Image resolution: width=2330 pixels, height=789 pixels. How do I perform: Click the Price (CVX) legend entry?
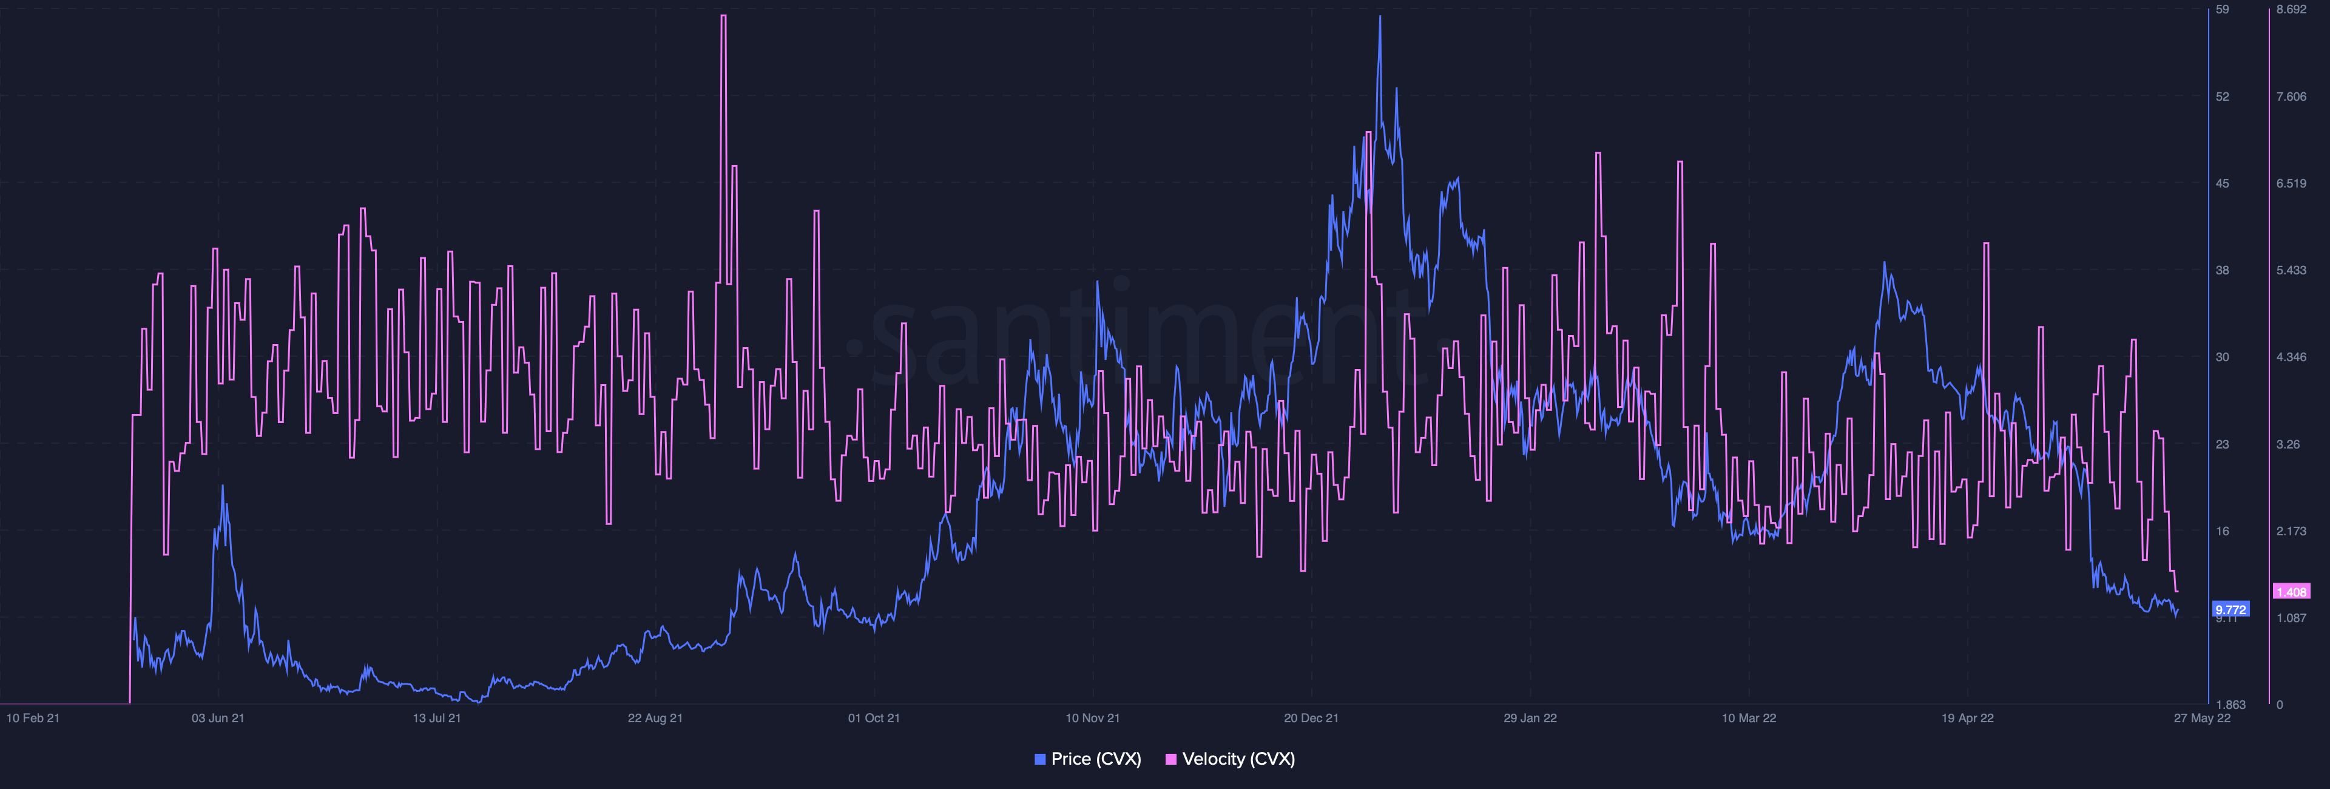click(1087, 759)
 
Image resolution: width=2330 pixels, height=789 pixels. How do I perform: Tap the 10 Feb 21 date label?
click(33, 717)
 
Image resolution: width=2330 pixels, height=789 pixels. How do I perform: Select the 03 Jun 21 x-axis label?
click(217, 717)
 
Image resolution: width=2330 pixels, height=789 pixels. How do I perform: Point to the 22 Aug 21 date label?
click(655, 717)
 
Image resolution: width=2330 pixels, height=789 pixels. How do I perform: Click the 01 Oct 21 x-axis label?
click(873, 717)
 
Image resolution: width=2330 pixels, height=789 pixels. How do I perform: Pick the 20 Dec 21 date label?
click(1311, 717)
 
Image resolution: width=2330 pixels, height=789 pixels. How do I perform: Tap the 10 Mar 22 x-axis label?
click(1748, 717)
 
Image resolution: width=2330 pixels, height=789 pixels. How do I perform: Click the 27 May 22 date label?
click(2201, 717)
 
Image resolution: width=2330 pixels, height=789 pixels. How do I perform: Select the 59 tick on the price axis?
click(2223, 10)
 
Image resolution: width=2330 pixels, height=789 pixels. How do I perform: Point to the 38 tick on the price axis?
click(2223, 269)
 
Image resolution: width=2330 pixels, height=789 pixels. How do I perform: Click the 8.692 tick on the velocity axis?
click(2291, 10)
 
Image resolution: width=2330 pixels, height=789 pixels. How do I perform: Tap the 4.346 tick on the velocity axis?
click(2291, 356)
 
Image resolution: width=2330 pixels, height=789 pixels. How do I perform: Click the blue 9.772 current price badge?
click(2230, 609)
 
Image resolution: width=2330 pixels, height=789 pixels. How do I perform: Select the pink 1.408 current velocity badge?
click(2291, 592)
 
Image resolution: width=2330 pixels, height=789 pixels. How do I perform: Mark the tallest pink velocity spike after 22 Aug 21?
click(723, 17)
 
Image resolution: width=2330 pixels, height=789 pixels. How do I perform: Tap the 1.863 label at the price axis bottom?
click(2230, 704)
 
